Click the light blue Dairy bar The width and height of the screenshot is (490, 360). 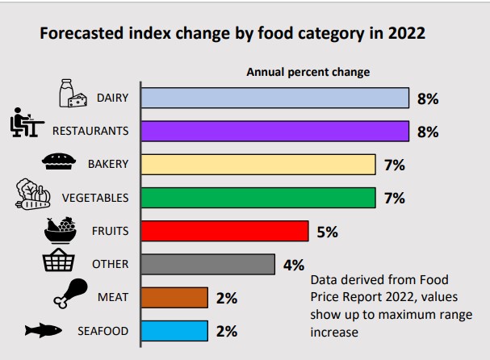tap(274, 98)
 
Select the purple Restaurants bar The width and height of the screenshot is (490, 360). tap(274, 131)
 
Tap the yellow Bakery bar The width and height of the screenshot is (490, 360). tap(258, 164)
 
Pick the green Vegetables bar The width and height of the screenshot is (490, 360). tap(258, 197)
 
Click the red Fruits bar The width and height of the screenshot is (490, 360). tap(224, 231)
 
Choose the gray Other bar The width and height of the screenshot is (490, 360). tap(207, 264)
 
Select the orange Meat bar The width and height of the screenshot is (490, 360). tap(174, 297)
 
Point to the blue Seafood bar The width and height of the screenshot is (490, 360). tap(174, 330)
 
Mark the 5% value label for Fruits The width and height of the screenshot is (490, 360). tap(327, 232)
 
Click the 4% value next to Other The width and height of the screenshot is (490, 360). tap(293, 265)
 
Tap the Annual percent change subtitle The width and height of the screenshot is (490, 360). tap(308, 72)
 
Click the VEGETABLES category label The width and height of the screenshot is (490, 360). tap(95, 198)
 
